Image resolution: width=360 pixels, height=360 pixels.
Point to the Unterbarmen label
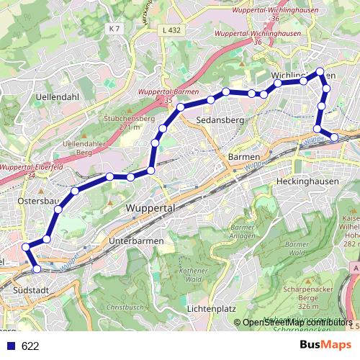(x=135, y=240)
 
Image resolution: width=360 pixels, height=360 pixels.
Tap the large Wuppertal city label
(x=151, y=207)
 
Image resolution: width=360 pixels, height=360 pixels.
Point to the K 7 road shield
(x=113, y=28)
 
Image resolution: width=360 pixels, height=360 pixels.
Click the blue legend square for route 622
(x=10, y=346)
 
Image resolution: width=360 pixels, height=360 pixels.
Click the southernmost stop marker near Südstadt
(x=37, y=269)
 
